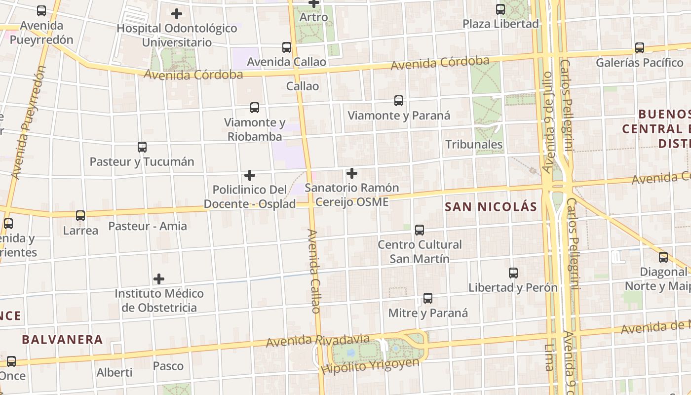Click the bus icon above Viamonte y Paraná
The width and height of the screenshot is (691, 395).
[x=399, y=101]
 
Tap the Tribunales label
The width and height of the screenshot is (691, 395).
[x=474, y=145]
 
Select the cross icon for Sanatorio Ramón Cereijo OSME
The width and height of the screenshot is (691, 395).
[x=352, y=173]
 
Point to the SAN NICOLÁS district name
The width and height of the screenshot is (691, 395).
[x=491, y=207]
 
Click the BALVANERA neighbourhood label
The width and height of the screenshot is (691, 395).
[x=62, y=340]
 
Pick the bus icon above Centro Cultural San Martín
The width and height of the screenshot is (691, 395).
[x=420, y=230]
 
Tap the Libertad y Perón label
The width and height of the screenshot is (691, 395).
[x=513, y=287]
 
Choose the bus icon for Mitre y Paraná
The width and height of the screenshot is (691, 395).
[x=428, y=298]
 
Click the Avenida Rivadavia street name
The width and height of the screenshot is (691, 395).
[x=317, y=340]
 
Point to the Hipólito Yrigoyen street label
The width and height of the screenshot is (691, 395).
[x=370, y=366]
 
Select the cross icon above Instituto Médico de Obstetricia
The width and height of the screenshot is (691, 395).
[x=159, y=279]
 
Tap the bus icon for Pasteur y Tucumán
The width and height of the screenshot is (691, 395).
[x=142, y=147]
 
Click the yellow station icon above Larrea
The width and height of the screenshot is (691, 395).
[x=80, y=215]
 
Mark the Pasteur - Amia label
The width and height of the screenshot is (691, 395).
[x=148, y=226]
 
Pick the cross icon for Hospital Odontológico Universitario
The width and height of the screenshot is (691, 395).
[x=177, y=14]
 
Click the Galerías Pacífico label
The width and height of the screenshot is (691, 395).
[x=640, y=63]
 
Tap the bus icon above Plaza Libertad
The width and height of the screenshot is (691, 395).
[x=500, y=9]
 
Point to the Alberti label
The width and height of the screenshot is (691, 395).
[x=115, y=372]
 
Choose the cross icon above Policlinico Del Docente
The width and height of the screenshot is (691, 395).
[x=250, y=175]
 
